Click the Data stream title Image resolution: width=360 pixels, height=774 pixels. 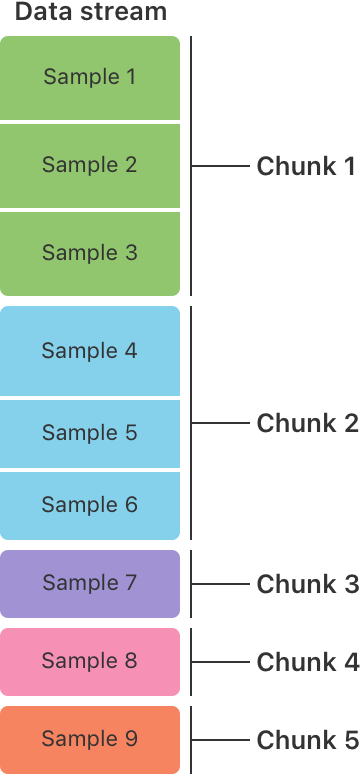coord(90,13)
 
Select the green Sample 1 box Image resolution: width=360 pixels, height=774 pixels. coord(90,78)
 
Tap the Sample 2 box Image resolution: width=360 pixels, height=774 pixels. coord(90,166)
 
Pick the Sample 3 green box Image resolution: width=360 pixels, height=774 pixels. coord(90,253)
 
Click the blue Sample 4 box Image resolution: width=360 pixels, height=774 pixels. coord(90,351)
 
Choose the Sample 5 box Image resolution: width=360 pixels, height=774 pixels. coord(90,433)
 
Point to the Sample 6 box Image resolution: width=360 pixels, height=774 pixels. coord(90,505)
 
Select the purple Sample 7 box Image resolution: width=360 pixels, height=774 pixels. coord(90,583)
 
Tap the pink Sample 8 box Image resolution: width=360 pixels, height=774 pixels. coord(90,661)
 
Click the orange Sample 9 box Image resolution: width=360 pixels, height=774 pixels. coord(90,739)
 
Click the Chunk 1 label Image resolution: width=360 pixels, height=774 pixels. coord(306,166)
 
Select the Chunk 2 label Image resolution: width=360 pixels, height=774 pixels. coord(306,423)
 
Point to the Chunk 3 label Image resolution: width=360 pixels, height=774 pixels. coord(306,583)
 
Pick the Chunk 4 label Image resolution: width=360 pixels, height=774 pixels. coord(306,661)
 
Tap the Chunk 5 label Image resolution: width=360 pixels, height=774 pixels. coord(306,740)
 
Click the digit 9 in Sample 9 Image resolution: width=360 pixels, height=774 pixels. coord(130,739)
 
